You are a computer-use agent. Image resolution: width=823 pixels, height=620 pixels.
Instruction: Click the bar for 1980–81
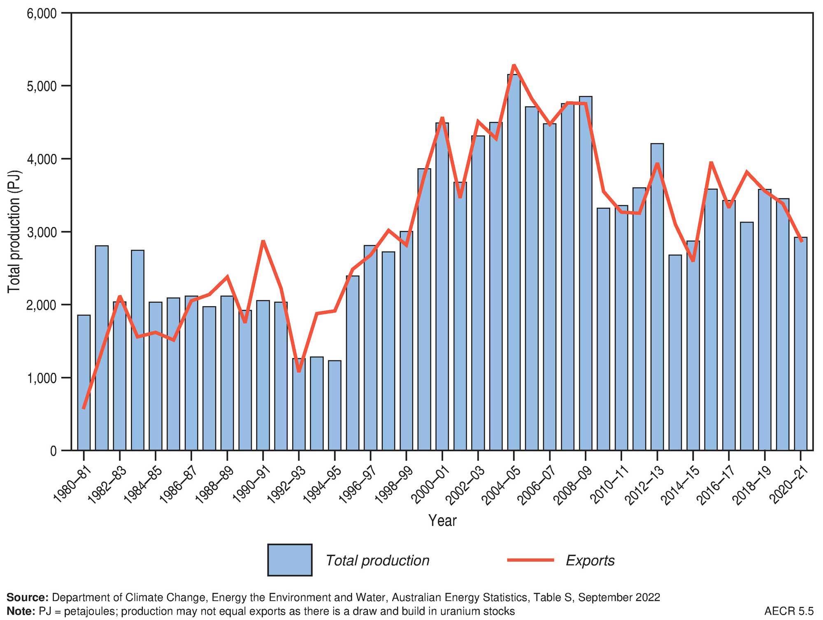point(84,383)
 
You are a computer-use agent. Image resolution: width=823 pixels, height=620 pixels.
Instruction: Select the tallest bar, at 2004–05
point(514,263)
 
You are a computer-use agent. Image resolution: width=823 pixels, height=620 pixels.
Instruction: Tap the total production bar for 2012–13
point(657,296)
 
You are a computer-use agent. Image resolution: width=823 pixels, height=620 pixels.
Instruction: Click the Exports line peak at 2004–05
point(514,65)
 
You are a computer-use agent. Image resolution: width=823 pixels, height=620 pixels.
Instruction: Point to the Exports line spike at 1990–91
point(263,241)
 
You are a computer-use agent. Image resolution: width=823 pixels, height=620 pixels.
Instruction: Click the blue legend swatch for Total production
point(290,560)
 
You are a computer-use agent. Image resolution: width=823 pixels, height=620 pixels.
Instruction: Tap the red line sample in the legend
point(530,560)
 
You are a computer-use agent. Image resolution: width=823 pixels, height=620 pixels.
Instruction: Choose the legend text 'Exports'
point(590,560)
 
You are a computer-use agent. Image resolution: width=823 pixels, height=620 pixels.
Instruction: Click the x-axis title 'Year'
point(442,520)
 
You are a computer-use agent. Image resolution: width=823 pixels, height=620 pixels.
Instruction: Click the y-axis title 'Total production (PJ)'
point(14,232)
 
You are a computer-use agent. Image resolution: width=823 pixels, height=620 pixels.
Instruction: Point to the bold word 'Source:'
point(28,597)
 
